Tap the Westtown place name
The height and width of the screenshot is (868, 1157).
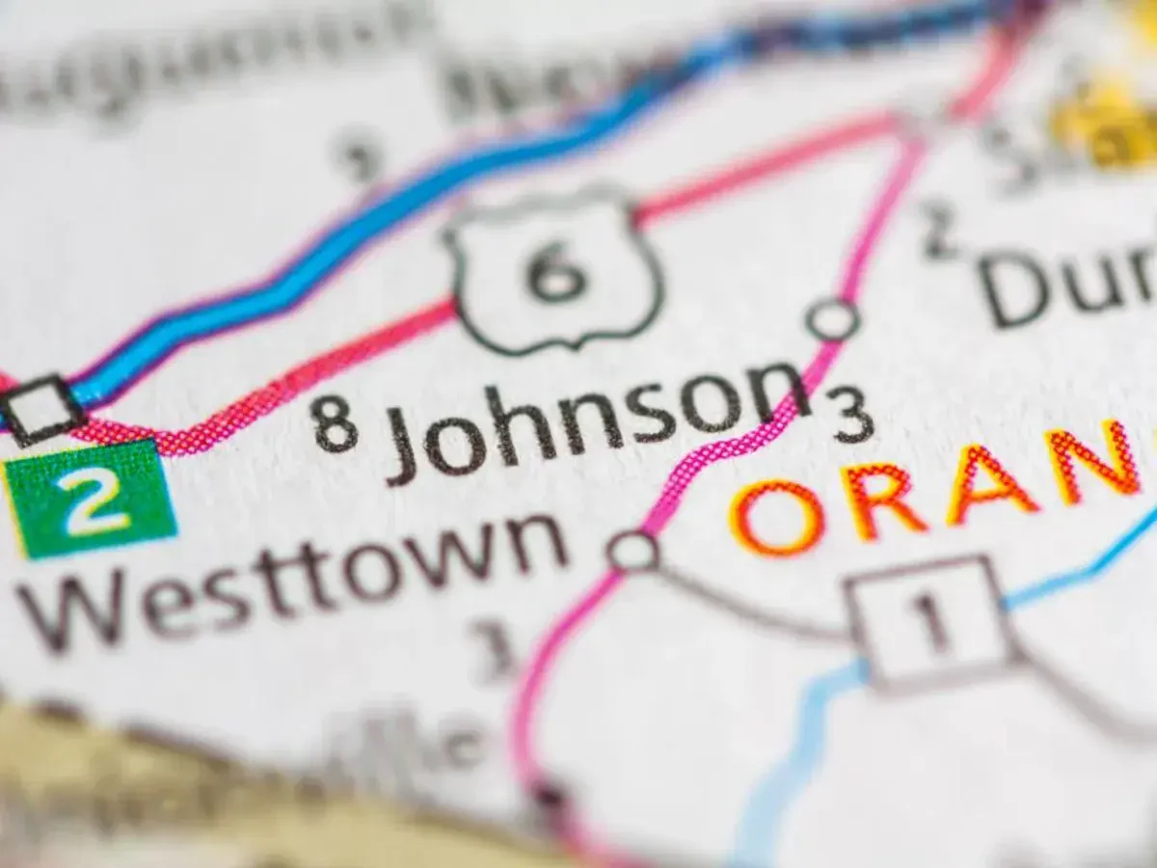[x=289, y=579]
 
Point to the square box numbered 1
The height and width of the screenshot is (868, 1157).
[x=930, y=623]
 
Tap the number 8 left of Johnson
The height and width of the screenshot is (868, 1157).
[x=336, y=424]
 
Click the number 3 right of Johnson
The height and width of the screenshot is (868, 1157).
[x=854, y=417]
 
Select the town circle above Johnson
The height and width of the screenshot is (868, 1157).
[x=832, y=319]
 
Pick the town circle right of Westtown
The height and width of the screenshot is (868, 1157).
[x=633, y=552]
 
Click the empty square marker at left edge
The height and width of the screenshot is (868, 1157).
[x=40, y=408]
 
